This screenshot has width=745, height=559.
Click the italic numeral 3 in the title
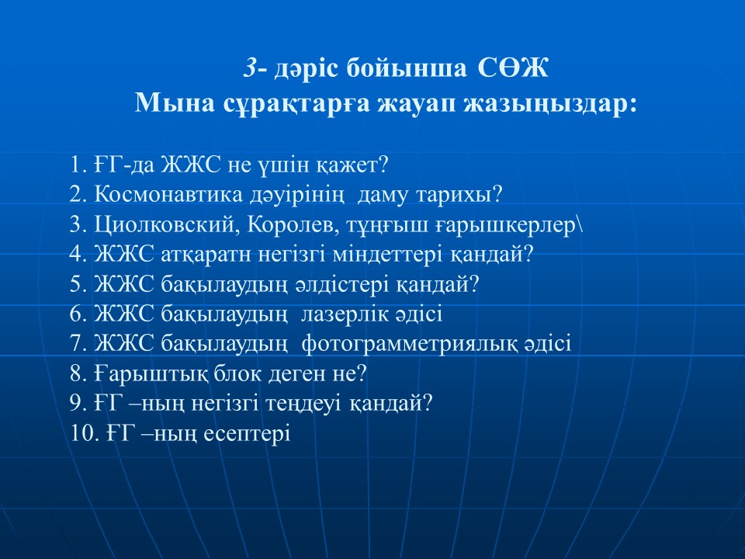click(x=251, y=68)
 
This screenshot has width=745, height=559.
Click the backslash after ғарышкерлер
click(x=579, y=225)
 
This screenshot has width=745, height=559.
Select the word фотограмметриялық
click(x=410, y=345)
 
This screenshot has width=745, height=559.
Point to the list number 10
click(x=84, y=434)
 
